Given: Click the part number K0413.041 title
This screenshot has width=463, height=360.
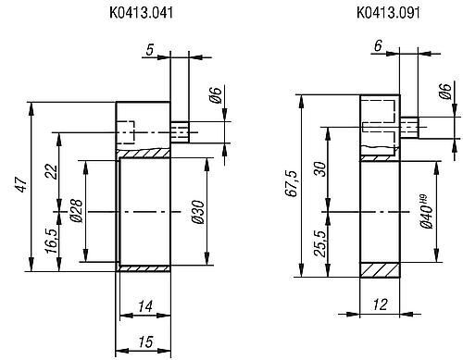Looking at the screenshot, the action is point(141,13).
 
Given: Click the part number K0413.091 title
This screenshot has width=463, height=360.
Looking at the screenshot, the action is point(388,13).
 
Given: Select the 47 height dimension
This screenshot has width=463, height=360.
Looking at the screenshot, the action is point(22,184).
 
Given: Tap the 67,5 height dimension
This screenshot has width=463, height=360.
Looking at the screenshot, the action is point(292,183).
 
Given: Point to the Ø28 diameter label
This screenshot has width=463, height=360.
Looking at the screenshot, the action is point(76,210).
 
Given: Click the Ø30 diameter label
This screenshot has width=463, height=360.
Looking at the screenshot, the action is point(198,212).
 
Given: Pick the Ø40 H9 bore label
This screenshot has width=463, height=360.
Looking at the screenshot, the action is point(426,211).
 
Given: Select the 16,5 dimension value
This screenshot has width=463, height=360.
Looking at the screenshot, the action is point(52,242).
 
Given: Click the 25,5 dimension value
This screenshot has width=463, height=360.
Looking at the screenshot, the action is point(320,243).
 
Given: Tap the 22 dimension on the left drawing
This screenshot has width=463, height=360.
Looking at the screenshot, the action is point(52,172).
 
